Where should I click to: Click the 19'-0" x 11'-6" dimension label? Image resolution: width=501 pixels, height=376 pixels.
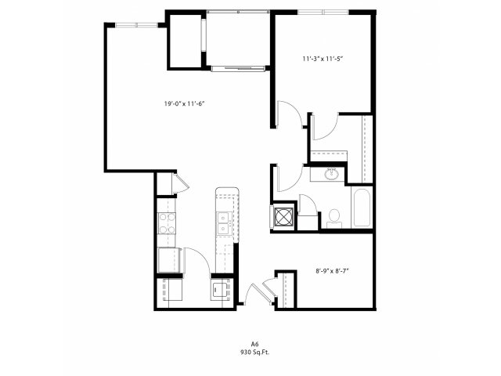click(184, 103)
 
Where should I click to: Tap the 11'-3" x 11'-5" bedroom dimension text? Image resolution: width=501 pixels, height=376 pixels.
click(323, 59)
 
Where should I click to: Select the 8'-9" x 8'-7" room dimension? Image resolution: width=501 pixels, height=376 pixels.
click(332, 271)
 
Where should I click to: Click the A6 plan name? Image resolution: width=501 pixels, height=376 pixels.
click(254, 344)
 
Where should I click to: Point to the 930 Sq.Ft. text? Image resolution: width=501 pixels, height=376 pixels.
click(254, 352)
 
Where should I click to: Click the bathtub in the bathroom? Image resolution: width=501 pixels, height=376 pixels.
click(362, 208)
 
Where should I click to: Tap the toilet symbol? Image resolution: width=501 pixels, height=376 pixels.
click(334, 219)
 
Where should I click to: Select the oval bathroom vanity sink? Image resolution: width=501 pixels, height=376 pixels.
click(332, 174)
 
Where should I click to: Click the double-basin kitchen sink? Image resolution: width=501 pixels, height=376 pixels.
click(225, 223)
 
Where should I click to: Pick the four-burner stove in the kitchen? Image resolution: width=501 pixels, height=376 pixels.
click(167, 223)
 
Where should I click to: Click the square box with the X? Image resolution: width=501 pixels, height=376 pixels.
click(284, 217)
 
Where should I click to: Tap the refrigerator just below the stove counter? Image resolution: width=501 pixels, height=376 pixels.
click(170, 260)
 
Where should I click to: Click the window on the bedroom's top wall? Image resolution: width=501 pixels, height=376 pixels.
click(323, 13)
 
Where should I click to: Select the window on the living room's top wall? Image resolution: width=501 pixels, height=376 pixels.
click(137, 25)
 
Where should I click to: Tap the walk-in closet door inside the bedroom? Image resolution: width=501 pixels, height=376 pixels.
click(326, 128)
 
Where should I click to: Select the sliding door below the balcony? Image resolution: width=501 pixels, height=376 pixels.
click(238, 68)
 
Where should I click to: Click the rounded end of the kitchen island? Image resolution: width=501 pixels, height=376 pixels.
click(227, 191)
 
